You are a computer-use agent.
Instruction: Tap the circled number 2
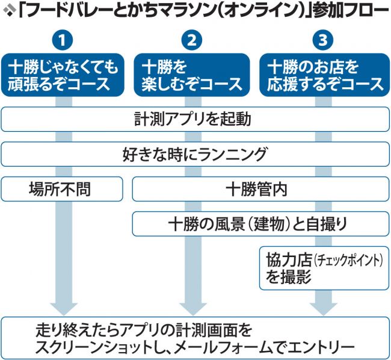click(192, 41)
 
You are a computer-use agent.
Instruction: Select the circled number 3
click(322, 41)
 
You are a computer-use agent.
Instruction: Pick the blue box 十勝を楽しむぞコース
click(192, 74)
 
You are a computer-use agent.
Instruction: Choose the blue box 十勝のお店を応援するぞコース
click(322, 74)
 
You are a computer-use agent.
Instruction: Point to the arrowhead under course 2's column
click(192, 304)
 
